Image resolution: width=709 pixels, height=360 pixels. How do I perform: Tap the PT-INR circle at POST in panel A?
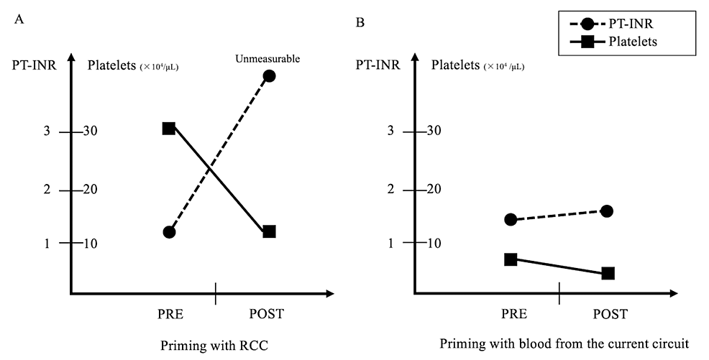(270, 76)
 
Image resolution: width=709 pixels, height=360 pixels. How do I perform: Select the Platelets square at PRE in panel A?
(169, 128)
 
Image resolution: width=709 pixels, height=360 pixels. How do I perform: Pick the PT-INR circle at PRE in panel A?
(170, 232)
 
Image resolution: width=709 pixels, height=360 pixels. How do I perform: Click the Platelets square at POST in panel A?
(270, 231)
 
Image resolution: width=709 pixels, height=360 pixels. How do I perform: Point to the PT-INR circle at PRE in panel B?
(511, 219)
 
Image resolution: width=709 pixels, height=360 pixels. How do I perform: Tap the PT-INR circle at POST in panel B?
(606, 211)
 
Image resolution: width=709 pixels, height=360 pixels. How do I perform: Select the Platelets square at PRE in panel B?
(511, 259)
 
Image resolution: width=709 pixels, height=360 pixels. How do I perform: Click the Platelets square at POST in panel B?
(608, 273)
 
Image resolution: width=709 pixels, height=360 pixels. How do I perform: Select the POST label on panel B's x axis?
(610, 314)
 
